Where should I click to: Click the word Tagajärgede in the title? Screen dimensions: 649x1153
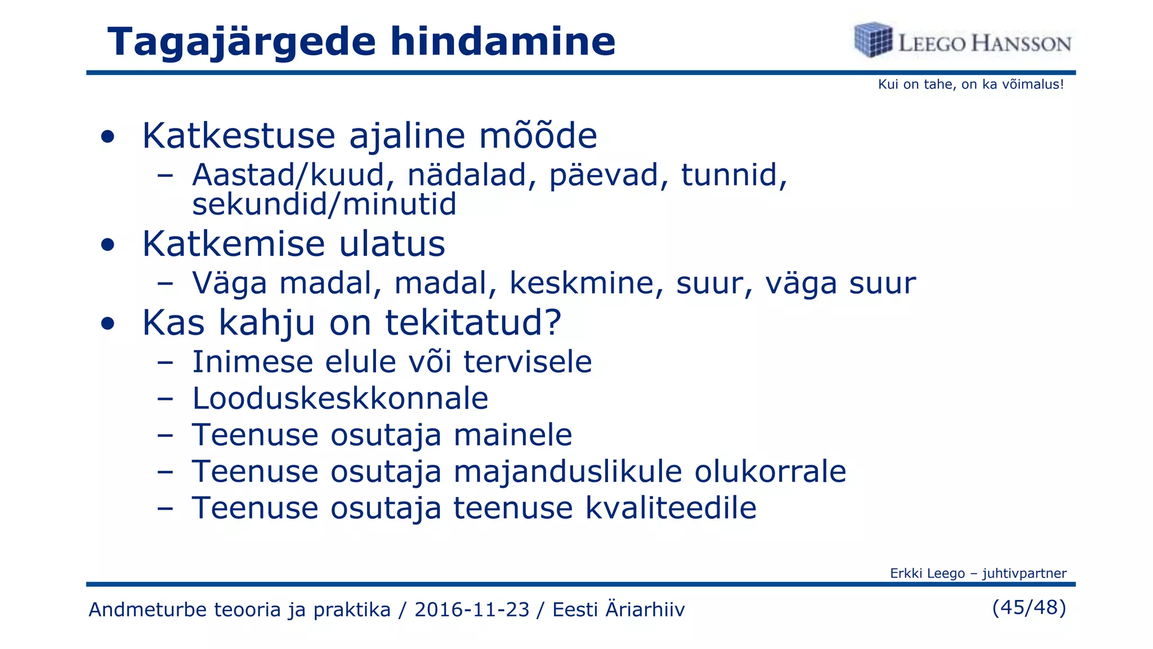[242, 43]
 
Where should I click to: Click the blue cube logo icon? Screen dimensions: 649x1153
[873, 39]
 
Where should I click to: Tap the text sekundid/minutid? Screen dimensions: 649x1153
[324, 204]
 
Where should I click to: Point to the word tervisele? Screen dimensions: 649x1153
[528, 362]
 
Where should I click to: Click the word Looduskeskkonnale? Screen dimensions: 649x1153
[340, 398]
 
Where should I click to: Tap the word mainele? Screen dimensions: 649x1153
[513, 435]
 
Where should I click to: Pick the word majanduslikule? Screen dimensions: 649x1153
[567, 472]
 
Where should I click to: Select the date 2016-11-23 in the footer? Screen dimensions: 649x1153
[472, 610]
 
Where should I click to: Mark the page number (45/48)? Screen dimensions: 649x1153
[1029, 607]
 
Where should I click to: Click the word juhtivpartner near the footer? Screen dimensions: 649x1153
[1024, 574]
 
